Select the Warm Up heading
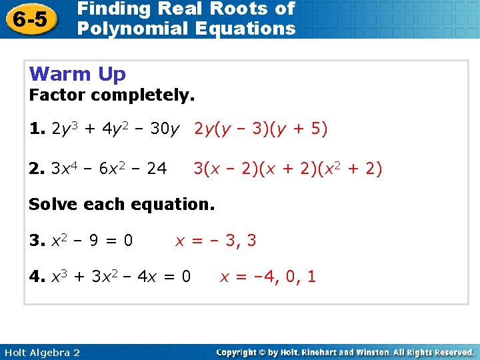tap(77, 73)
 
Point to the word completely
tap(143, 95)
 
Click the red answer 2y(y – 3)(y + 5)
tap(261, 129)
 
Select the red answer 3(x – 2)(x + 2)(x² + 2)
tap(287, 169)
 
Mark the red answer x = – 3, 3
tap(215, 240)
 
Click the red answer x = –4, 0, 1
tap(268, 275)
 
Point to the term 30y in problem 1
tap(165, 129)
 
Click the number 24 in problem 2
tap(156, 169)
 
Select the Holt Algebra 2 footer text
tap(41, 352)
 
